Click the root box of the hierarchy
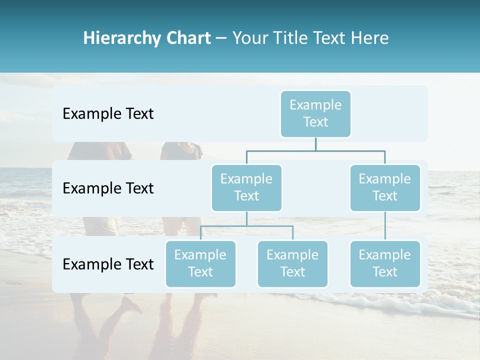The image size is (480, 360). pos(315,113)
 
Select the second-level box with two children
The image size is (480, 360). pos(246,187)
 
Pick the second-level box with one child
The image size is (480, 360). pos(385,187)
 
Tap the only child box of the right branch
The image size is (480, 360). pos(385,263)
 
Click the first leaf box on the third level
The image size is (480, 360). pos(200,263)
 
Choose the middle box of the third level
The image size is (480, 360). pos(292,263)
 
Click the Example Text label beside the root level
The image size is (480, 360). pos(108,114)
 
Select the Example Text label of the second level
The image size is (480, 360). pos(108,188)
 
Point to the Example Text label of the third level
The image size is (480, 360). pos(108,264)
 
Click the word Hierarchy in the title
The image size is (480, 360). pos(119,38)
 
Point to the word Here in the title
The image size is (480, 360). pos(369,38)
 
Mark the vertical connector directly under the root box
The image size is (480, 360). pos(315,144)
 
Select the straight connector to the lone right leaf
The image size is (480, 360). pos(385,226)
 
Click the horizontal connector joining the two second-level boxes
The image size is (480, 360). pos(315,150)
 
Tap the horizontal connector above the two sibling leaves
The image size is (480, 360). pos(246,226)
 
